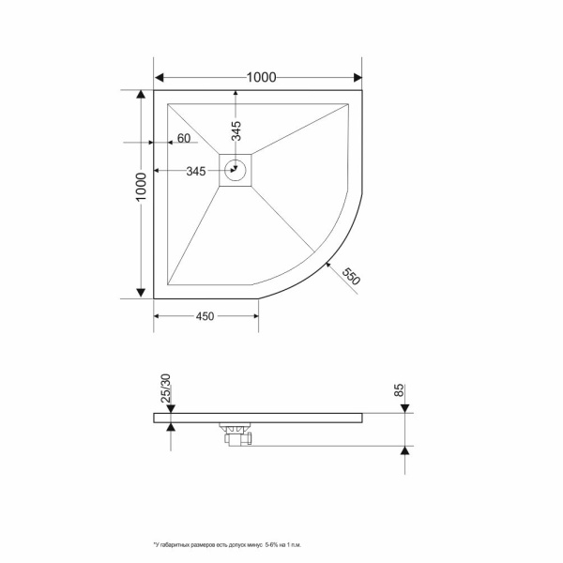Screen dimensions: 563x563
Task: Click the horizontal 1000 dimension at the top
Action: (255, 78)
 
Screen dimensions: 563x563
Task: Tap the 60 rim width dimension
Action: (183, 140)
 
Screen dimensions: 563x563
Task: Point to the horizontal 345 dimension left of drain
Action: (196, 171)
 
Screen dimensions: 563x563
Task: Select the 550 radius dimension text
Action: (351, 277)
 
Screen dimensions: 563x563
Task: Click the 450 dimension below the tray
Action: (205, 316)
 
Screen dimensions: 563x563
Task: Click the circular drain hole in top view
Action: (236, 171)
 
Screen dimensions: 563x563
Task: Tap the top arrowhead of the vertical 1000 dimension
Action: (141, 95)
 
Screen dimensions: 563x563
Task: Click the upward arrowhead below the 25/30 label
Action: (170, 427)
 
